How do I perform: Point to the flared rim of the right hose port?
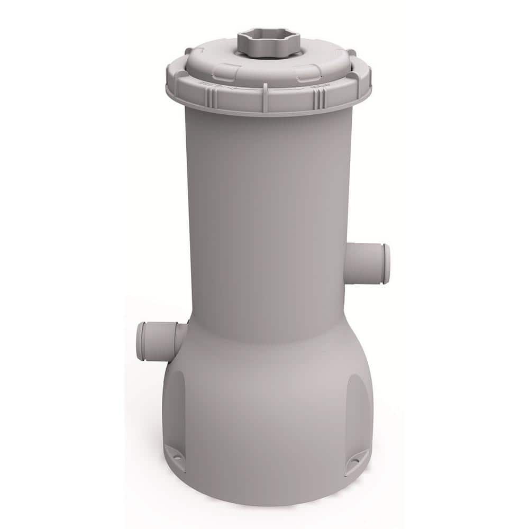click(x=387, y=263)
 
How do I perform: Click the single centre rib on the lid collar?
click(x=264, y=101)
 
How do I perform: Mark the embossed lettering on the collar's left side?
click(x=194, y=85)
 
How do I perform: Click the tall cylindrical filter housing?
click(x=268, y=212)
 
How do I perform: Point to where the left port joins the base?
click(x=181, y=334)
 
